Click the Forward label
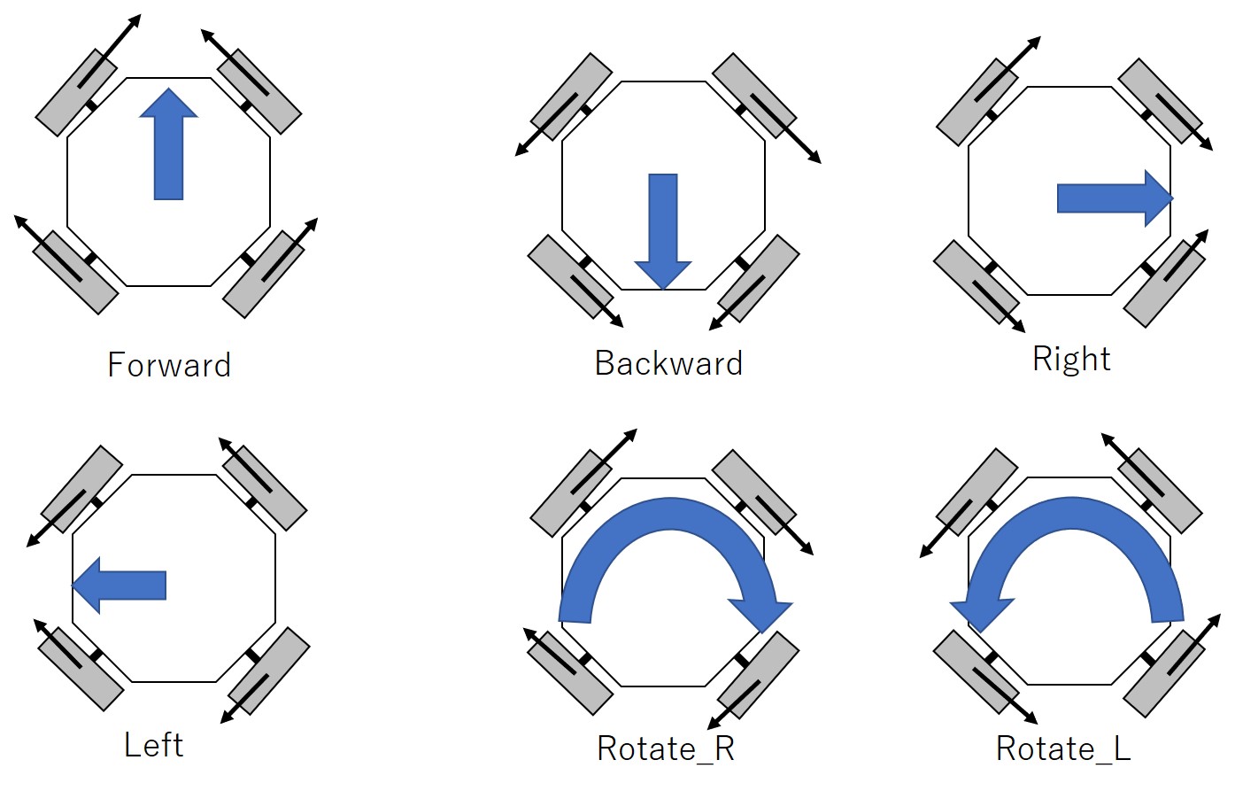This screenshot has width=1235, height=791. [x=169, y=365]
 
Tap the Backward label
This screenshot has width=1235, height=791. [x=668, y=363]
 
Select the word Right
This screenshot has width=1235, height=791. [x=1071, y=359]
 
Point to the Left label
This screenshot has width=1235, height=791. [x=154, y=745]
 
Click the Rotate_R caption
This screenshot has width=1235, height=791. [x=666, y=749]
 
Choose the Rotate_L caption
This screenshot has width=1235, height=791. [x=1063, y=749]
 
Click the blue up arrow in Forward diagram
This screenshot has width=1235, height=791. [x=168, y=146]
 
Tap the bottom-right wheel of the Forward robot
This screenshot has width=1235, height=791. [x=264, y=274]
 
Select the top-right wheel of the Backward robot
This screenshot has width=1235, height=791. [x=754, y=96]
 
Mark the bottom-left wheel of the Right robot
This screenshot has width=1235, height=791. [x=976, y=283]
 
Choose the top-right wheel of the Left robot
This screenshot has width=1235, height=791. [x=264, y=487]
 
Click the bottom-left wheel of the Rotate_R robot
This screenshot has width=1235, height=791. [x=570, y=672]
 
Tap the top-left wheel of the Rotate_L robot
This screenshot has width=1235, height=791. [x=977, y=492]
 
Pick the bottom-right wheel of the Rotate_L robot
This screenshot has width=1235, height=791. [x=1164, y=672]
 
